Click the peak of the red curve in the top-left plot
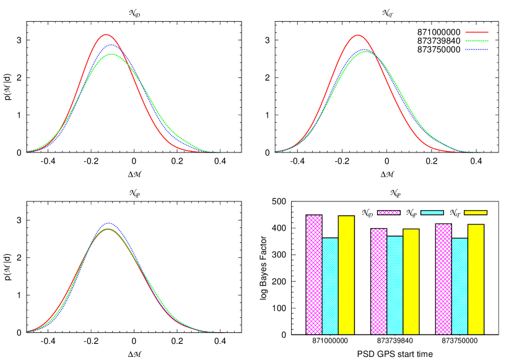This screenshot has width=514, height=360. click(x=106, y=35)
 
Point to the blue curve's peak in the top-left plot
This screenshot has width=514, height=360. click(x=111, y=45)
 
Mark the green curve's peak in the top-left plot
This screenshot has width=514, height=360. click(x=112, y=54)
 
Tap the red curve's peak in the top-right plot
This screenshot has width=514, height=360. click(x=358, y=35)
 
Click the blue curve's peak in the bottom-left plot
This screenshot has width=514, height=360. click(x=109, y=223)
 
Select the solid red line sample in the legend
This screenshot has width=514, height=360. click(x=476, y=32)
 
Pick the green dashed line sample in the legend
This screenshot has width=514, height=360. click(x=476, y=41)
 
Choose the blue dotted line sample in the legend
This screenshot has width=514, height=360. click(x=476, y=50)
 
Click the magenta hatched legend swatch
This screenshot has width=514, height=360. click(x=388, y=213)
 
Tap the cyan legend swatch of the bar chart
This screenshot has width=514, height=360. click(x=432, y=213)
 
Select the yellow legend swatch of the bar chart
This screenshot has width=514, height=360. click(x=475, y=213)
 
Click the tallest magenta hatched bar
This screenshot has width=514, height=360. click(x=314, y=274)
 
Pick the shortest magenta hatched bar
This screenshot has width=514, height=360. click(x=378, y=281)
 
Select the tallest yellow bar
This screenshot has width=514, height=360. click(x=346, y=275)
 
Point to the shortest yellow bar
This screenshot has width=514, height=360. click(x=411, y=282)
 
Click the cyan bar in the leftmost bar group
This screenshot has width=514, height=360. click(x=330, y=286)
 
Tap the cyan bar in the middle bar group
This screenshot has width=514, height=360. click(x=394, y=285)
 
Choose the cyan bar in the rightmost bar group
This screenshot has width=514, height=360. click(x=460, y=286)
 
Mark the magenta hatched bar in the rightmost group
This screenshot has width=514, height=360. click(x=443, y=279)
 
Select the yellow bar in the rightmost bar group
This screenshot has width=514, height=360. click(x=476, y=279)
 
